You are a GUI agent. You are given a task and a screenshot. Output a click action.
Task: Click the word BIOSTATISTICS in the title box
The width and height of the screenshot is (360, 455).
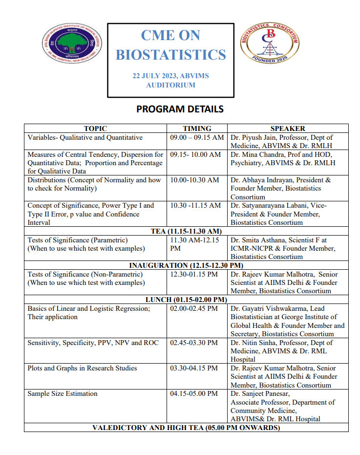pos(170,54)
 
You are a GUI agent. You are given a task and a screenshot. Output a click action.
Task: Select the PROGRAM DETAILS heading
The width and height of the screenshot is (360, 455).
pos(180,109)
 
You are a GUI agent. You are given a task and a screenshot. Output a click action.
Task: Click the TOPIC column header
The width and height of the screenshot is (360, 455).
pos(95,129)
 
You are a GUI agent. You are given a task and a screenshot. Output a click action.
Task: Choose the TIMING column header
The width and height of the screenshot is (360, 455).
pos(197,129)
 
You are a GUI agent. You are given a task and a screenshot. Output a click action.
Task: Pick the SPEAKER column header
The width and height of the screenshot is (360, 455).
pos(288,129)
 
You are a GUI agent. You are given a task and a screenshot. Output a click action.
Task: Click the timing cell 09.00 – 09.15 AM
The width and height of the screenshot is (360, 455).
pos(197,138)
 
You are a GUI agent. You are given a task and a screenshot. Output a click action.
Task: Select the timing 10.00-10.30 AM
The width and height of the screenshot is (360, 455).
pos(194,180)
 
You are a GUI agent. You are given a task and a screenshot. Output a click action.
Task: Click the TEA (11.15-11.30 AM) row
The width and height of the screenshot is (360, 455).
pos(186,231)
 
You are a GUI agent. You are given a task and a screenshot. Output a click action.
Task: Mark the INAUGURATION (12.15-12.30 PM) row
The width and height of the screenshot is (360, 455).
pos(186,265)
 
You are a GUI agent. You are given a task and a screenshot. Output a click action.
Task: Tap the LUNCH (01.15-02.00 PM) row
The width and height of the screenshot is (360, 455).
pos(186,300)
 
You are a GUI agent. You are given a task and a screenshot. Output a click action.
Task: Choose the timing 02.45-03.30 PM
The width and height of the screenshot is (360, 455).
pos(194,343)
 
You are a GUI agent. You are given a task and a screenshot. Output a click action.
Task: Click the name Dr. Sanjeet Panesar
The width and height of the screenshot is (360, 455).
pos(261,393)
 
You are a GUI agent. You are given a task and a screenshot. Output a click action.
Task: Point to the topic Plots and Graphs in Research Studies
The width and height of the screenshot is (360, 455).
pos(82,368)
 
